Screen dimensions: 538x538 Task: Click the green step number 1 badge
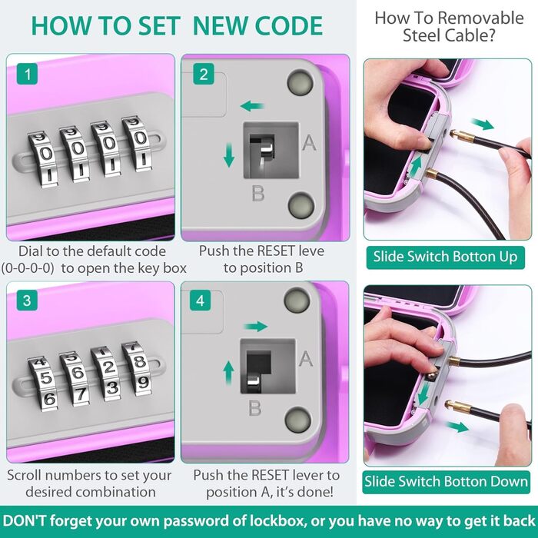27,74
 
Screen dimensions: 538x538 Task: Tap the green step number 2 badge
204,74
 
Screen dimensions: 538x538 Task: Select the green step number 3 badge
27,301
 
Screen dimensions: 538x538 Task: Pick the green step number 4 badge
201,301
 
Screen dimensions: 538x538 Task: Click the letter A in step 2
309,142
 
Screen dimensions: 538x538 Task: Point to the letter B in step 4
255,407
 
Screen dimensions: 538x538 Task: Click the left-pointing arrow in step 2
252,106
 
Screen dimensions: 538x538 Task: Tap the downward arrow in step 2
229,155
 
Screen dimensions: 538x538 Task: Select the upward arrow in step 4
228,374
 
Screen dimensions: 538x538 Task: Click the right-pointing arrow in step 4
256,327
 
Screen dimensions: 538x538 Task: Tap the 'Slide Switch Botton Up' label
445,257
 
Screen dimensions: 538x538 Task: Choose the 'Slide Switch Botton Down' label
446,482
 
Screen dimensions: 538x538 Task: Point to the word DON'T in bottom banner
24,520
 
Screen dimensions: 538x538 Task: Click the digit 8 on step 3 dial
139,362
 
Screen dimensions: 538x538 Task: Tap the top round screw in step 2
300,83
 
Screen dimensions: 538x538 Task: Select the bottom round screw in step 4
298,420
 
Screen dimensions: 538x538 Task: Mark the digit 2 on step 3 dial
109,367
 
